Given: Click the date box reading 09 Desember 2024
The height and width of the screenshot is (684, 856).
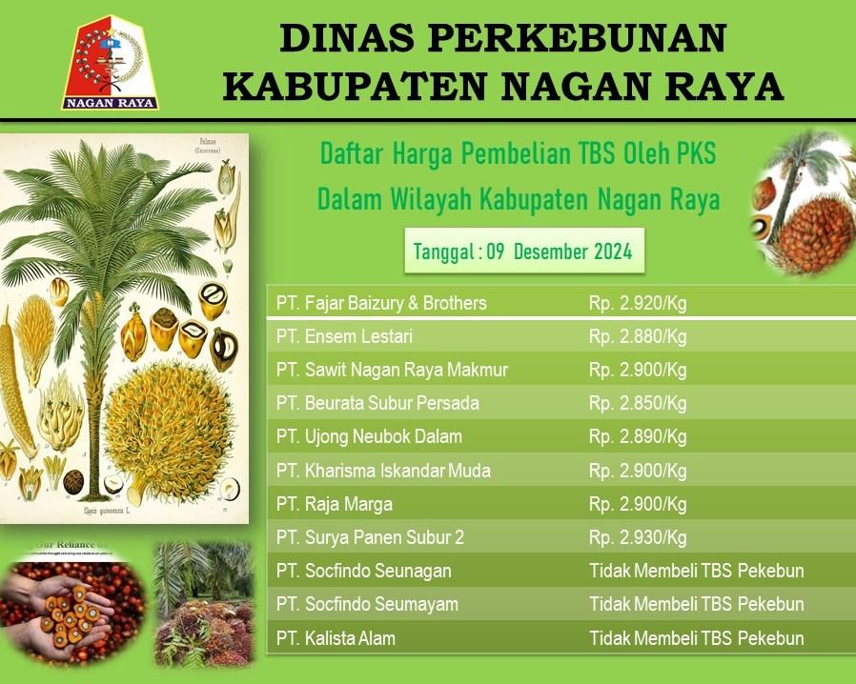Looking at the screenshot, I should click(523, 251).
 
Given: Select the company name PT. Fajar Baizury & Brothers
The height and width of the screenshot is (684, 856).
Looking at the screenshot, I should click(381, 303).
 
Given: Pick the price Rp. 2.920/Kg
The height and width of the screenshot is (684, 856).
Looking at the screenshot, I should click(638, 303).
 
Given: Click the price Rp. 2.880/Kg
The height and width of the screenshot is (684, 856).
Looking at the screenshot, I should click(638, 336).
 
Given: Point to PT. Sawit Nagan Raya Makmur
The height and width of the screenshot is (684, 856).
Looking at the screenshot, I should click(392, 370).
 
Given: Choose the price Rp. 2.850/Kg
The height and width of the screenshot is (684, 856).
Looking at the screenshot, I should click(638, 403).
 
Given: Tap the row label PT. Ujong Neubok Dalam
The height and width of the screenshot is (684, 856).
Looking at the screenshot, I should click(369, 436).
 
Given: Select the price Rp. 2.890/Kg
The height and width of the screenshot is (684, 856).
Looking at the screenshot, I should click(638, 436).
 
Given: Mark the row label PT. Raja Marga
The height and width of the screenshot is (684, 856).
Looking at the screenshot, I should click(335, 504).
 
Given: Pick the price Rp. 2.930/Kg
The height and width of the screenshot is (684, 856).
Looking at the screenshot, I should click(638, 537).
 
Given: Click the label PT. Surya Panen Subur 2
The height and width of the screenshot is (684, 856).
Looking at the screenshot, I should click(370, 537).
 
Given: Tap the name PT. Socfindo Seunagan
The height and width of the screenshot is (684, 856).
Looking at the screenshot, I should click(364, 571).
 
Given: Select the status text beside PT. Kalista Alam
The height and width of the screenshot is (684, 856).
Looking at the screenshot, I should click(697, 638).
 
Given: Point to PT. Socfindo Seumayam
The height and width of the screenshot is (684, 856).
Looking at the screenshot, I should click(367, 604).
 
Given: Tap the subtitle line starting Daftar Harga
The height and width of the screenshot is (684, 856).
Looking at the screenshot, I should click(518, 152).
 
